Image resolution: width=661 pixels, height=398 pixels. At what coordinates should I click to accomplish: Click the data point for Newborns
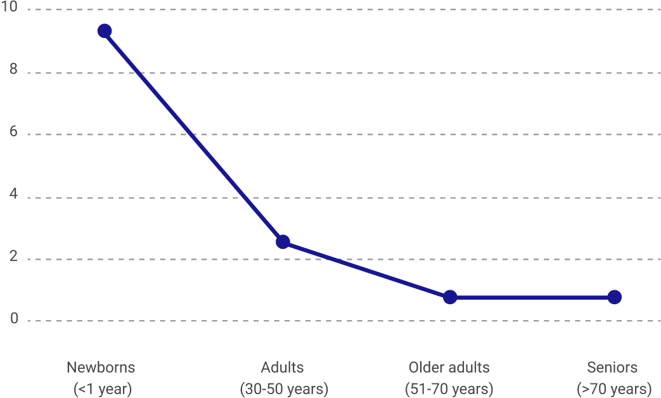click(105, 31)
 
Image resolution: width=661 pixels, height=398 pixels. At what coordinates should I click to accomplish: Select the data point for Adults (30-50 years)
click(283, 241)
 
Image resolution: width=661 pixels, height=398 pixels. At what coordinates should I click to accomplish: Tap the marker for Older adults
click(450, 297)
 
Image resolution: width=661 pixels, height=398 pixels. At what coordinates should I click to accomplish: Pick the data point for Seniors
click(614, 297)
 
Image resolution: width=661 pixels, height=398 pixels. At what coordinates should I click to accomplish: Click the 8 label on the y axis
click(13, 71)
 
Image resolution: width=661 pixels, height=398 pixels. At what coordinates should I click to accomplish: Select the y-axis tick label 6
click(13, 134)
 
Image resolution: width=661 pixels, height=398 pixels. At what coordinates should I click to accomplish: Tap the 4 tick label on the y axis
click(13, 196)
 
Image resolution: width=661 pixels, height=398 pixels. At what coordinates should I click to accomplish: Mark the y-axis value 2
click(13, 258)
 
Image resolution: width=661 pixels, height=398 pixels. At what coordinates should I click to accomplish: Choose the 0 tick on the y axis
click(13, 319)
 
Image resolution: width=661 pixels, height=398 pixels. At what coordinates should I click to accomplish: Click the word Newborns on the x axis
click(101, 368)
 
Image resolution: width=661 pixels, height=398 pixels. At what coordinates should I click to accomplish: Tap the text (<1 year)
click(102, 388)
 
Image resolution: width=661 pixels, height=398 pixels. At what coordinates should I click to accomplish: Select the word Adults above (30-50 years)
click(283, 368)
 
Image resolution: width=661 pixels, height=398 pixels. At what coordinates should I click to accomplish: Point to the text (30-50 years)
click(284, 388)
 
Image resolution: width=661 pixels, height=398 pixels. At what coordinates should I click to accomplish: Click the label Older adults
click(449, 368)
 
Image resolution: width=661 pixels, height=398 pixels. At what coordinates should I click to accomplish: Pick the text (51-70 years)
click(449, 388)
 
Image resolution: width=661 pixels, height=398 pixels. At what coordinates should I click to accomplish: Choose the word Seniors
click(612, 368)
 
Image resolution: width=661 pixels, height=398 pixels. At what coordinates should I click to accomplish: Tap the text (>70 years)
click(613, 388)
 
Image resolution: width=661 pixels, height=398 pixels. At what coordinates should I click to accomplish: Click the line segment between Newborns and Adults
click(193, 136)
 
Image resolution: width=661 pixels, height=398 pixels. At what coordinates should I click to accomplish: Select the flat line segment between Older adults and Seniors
click(532, 297)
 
